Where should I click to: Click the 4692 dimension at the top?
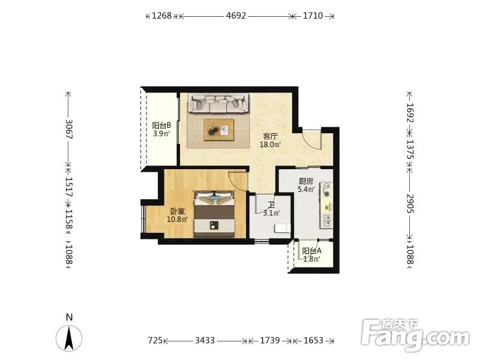236,16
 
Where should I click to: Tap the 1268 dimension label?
161,16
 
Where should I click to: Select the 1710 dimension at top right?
313,16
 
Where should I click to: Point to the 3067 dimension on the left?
69,129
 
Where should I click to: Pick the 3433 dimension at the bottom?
205,340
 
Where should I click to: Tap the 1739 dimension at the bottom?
269,340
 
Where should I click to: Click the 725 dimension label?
155,340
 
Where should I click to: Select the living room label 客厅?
270,136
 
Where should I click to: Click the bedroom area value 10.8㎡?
177,220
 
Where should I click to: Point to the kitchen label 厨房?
306,181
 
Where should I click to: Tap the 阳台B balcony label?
161,125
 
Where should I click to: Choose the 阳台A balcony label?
311,251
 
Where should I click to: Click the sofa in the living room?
218,103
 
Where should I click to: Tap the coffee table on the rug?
219,130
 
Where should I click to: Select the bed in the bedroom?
214,214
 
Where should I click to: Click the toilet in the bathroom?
282,229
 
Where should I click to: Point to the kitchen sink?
326,221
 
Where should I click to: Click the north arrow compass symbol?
69,338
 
